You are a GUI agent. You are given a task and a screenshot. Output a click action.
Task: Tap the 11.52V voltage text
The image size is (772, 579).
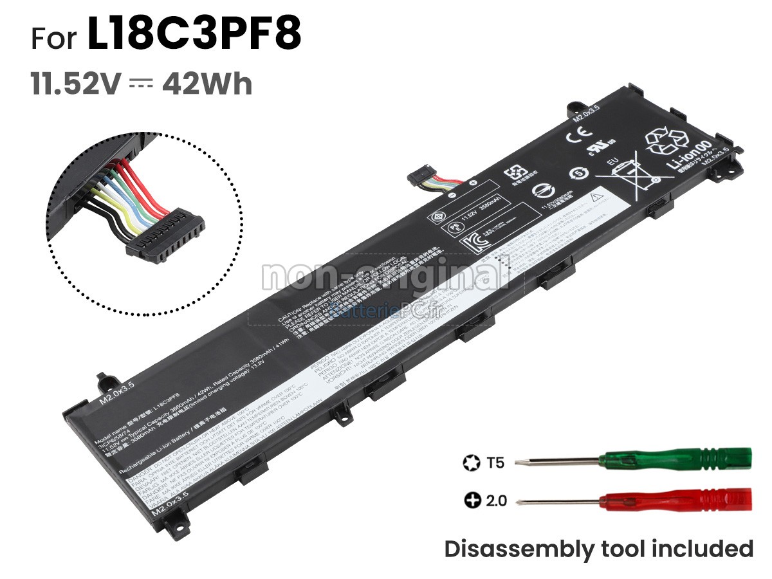tap(77, 85)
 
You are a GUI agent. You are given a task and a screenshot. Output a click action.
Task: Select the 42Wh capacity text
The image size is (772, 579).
tap(207, 85)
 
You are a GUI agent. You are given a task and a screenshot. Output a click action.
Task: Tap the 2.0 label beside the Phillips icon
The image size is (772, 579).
tap(496, 500)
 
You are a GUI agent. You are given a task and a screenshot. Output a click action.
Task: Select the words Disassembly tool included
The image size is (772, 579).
tap(598, 549)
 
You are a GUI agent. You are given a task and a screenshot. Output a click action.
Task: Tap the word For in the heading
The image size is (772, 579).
tap(57, 38)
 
